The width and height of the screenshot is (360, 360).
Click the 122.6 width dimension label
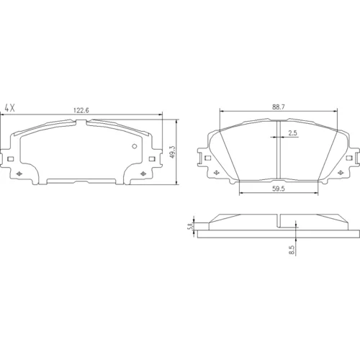pyautogui.click(x=81, y=110)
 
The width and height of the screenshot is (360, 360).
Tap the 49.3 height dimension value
pyautogui.click(x=173, y=152)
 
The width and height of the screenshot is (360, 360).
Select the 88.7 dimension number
pyautogui.click(x=279, y=107)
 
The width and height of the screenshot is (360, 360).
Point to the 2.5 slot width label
pyautogui.click(x=292, y=132)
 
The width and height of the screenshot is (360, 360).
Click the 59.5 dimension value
pyautogui.click(x=279, y=189)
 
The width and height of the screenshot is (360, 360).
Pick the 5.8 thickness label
pyautogui.click(x=190, y=226)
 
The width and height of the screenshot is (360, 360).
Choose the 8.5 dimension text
pyautogui.click(x=292, y=250)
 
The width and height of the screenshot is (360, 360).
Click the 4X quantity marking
pyautogui.click(x=10, y=108)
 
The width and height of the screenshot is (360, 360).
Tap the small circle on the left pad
pyautogui.click(x=135, y=146)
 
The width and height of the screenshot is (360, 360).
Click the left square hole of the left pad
pyautogui.click(x=11, y=159)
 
